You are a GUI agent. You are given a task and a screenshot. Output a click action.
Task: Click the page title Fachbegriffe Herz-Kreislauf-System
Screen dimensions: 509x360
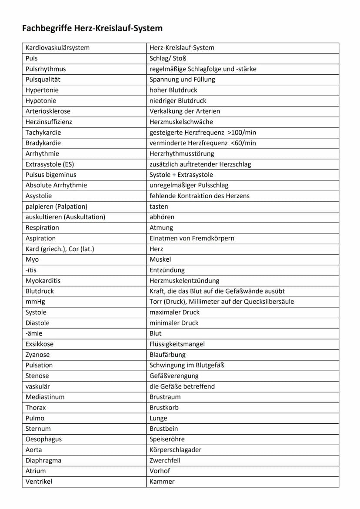92,29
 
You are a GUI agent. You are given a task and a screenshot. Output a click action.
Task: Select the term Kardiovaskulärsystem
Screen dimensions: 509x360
57,48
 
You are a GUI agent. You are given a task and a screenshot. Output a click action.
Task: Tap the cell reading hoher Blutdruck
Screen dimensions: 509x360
173,90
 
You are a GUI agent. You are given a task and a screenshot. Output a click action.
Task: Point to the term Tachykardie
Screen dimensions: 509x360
43,133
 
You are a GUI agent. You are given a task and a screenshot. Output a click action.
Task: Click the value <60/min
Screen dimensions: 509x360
243,143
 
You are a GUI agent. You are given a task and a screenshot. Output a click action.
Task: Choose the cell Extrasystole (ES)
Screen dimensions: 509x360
50,164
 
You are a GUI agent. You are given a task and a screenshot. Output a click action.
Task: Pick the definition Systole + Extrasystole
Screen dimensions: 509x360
181,175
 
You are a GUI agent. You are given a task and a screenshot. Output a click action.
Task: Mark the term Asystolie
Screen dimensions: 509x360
39,196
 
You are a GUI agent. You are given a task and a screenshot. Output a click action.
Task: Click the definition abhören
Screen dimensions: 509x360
162,217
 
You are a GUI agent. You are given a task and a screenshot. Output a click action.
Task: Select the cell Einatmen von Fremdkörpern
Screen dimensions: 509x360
192,238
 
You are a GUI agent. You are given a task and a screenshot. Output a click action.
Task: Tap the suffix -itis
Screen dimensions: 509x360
31,270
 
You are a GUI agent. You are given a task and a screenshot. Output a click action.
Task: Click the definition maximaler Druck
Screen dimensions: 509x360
175,312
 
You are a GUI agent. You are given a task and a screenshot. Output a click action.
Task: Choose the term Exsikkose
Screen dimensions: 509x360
40,344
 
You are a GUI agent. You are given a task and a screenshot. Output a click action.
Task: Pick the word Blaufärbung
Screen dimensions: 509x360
167,355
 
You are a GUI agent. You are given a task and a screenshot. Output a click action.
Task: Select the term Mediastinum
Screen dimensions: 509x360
45,397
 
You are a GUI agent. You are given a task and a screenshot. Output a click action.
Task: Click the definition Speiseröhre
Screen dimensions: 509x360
167,439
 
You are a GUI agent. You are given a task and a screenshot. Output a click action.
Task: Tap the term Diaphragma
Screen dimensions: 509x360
43,460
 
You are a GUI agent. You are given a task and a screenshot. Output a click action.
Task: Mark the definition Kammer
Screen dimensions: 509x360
162,482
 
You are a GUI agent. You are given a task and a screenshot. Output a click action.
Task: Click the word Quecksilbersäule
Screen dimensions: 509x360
269,302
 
